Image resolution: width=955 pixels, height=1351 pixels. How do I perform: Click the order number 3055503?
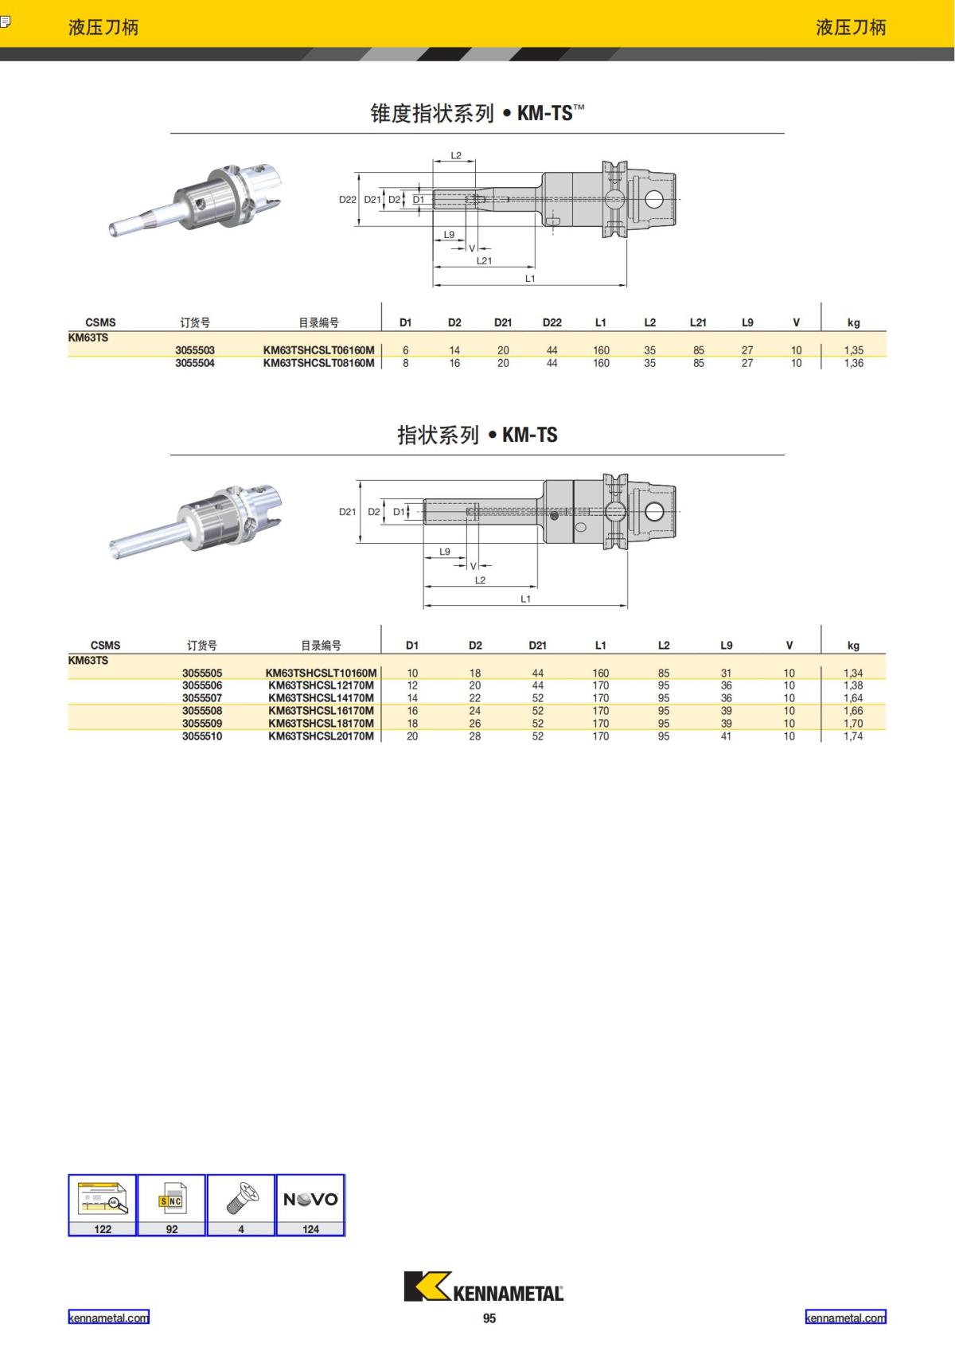click(195, 349)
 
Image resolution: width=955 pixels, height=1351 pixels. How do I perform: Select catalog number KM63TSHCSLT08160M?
click(318, 363)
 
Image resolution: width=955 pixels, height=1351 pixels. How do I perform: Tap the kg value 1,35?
click(853, 349)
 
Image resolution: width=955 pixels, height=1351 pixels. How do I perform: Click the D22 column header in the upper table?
click(552, 322)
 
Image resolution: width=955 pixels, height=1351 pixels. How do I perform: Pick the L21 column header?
click(698, 322)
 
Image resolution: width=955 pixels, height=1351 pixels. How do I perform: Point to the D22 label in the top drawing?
click(347, 200)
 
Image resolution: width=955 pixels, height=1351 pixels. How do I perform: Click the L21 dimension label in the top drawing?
click(484, 260)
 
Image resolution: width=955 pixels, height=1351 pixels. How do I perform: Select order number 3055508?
click(202, 710)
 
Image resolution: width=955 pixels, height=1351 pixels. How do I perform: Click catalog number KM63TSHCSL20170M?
click(321, 736)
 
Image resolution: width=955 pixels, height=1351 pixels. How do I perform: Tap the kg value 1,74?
click(853, 736)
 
